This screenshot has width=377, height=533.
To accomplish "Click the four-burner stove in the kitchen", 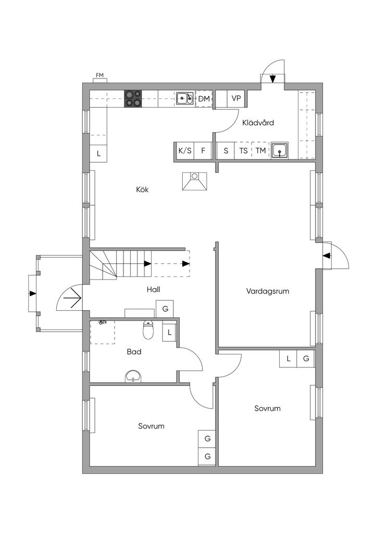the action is click(x=133, y=98).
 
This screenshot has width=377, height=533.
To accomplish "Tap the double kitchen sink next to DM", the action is click(x=185, y=98).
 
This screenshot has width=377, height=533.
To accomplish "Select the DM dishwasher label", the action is click(x=204, y=99).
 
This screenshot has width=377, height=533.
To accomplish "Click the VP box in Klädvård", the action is click(x=236, y=98).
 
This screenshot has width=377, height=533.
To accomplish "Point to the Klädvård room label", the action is click(x=258, y=123).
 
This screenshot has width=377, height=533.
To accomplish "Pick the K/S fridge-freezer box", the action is click(x=185, y=150).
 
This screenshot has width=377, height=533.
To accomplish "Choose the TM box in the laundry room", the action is click(x=260, y=150).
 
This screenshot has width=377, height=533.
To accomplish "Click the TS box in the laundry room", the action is click(x=243, y=150).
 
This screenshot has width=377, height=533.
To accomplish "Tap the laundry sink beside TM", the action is click(x=280, y=150).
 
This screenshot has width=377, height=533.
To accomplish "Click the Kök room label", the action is click(x=143, y=189).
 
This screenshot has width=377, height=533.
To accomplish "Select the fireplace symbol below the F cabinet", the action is click(x=194, y=182).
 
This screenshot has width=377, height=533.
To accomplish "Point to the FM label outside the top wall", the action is click(x=99, y=75).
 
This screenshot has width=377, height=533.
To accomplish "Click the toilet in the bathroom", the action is click(x=148, y=329).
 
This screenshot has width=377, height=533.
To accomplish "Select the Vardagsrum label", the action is click(x=268, y=291).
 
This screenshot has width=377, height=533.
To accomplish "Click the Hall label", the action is click(x=153, y=289).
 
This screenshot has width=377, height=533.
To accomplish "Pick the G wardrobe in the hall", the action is click(x=165, y=309).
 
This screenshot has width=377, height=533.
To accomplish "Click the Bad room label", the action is click(x=134, y=352).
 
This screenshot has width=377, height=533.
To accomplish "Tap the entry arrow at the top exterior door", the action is click(x=273, y=79).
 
